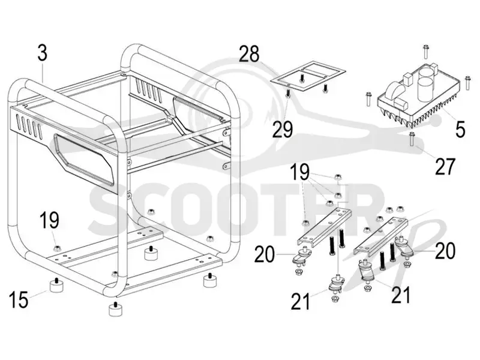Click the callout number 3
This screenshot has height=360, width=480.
pyautogui.click(x=43, y=52)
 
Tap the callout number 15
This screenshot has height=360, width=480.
pyautogui.click(x=19, y=299)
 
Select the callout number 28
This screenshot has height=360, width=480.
pyautogui.click(x=249, y=54)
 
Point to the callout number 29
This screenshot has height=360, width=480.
pyautogui.click(x=283, y=129)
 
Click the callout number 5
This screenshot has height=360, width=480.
pyautogui.click(x=460, y=129)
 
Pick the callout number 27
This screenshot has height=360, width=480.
pyautogui.click(x=445, y=166)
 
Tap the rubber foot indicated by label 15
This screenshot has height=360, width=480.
pyautogui.click(x=56, y=286)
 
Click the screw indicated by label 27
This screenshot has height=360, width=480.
pyautogui.click(x=412, y=139)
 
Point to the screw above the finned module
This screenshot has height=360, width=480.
pyautogui.click(x=425, y=52)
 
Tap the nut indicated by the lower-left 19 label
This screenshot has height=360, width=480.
pyautogui.click(x=56, y=248)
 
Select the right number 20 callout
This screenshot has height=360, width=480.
pyautogui.click(x=445, y=251)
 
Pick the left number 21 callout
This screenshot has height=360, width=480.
pyautogui.click(x=301, y=302)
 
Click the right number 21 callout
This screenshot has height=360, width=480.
pyautogui.click(x=401, y=295)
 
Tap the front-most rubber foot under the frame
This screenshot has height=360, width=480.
pyautogui.click(x=115, y=309)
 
